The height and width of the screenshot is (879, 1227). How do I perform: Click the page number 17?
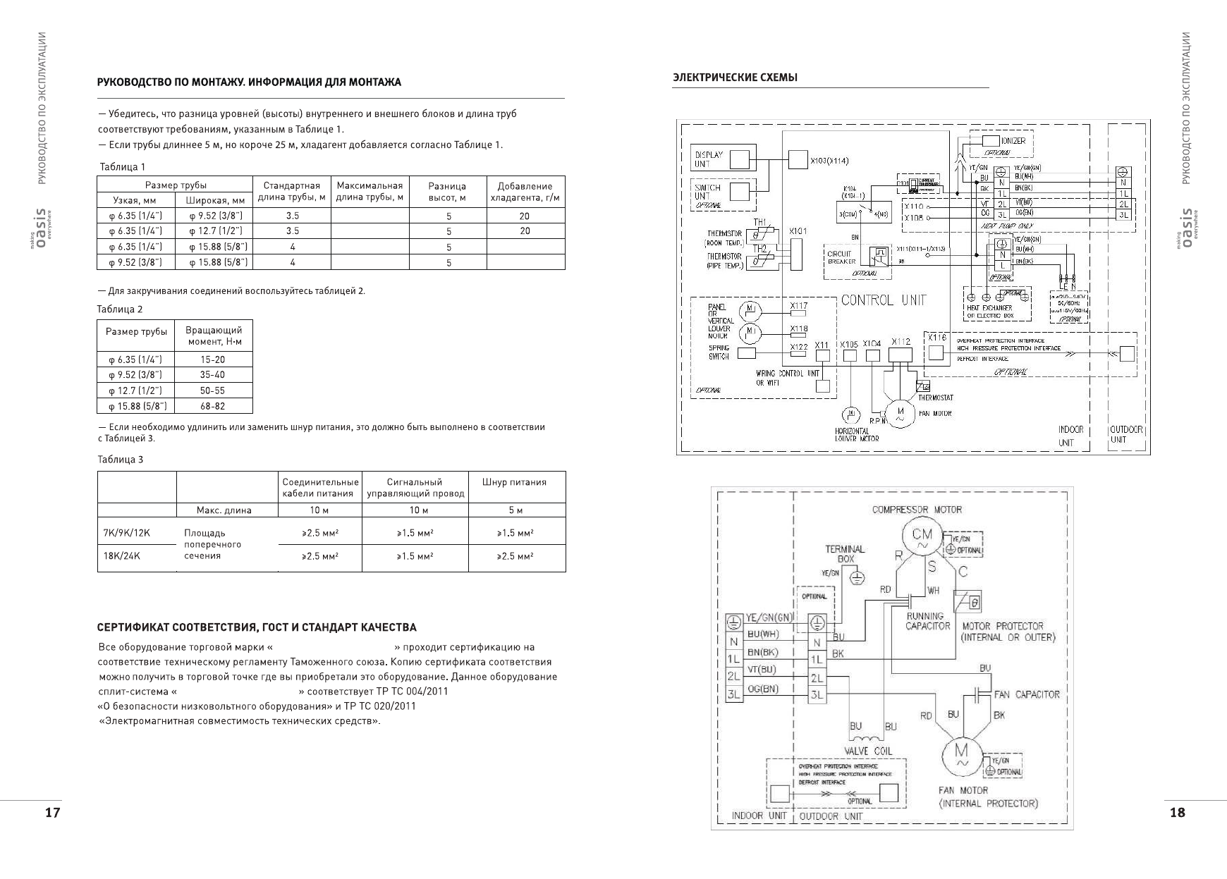point(52,813)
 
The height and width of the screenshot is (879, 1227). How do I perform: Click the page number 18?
point(1177,813)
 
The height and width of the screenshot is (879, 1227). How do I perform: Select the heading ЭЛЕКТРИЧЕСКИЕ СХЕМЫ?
point(735,78)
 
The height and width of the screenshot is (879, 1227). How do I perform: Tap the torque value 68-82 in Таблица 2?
point(212,406)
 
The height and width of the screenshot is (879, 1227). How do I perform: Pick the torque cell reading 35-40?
point(212,375)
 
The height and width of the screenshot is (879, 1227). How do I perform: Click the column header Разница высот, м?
point(447,192)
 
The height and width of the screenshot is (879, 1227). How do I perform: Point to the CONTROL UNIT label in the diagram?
point(884,300)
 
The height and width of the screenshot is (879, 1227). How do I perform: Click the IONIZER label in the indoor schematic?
point(1013,141)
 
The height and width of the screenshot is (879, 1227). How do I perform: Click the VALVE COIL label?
point(868,751)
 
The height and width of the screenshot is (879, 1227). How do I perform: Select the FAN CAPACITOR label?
point(1026,694)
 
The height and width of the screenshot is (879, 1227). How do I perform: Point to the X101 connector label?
point(798,231)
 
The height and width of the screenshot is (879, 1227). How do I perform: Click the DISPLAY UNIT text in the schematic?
point(708,159)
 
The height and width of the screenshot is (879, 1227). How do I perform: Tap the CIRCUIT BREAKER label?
point(841,257)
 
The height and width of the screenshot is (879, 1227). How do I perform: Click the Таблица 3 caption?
point(120,460)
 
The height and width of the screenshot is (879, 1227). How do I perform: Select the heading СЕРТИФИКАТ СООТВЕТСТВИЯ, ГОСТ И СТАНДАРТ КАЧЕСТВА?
point(257,627)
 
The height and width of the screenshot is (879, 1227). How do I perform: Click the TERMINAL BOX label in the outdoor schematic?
point(845,554)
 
